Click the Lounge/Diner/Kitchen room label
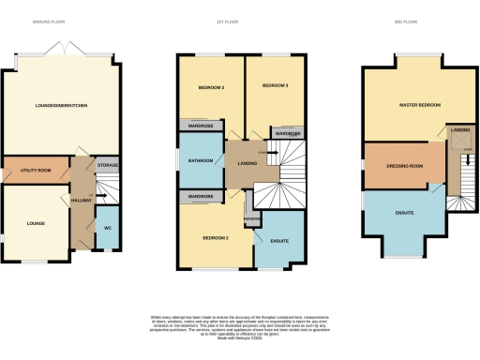click(62, 106)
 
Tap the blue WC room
click(108, 227)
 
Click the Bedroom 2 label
click(215, 237)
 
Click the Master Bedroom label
click(420, 105)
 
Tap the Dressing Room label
click(405, 166)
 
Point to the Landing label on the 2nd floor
click(459, 129)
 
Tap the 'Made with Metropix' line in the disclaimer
click(239, 335)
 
